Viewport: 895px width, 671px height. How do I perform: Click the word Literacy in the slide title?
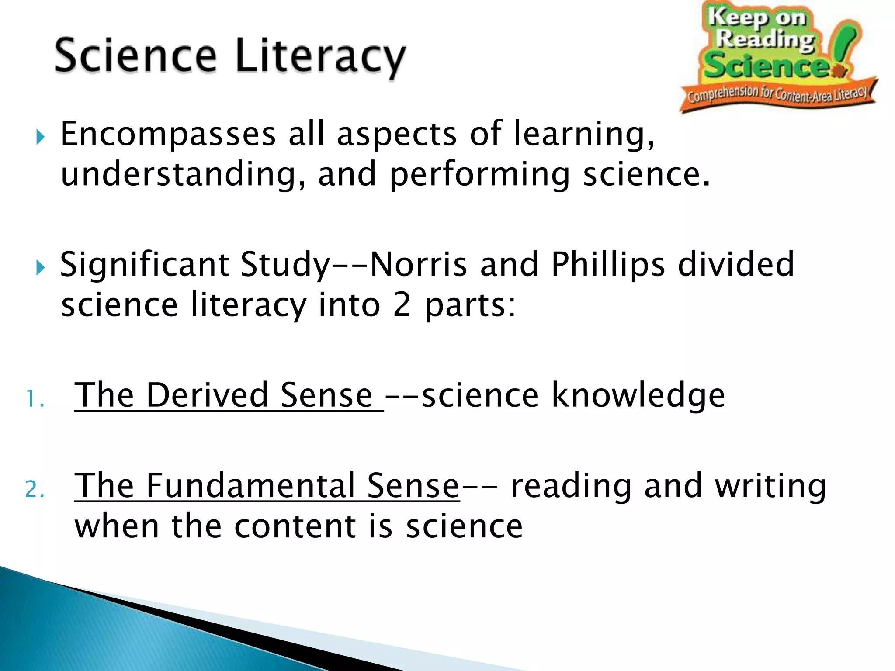coord(320,57)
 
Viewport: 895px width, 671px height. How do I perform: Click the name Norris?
coord(418,264)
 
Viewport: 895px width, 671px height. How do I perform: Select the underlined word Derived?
coord(207,395)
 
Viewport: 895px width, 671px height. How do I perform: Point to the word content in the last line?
coord(295,526)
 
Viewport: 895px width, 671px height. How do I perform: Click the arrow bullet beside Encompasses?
coord(40,138)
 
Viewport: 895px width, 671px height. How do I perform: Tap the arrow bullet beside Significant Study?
coord(40,268)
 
